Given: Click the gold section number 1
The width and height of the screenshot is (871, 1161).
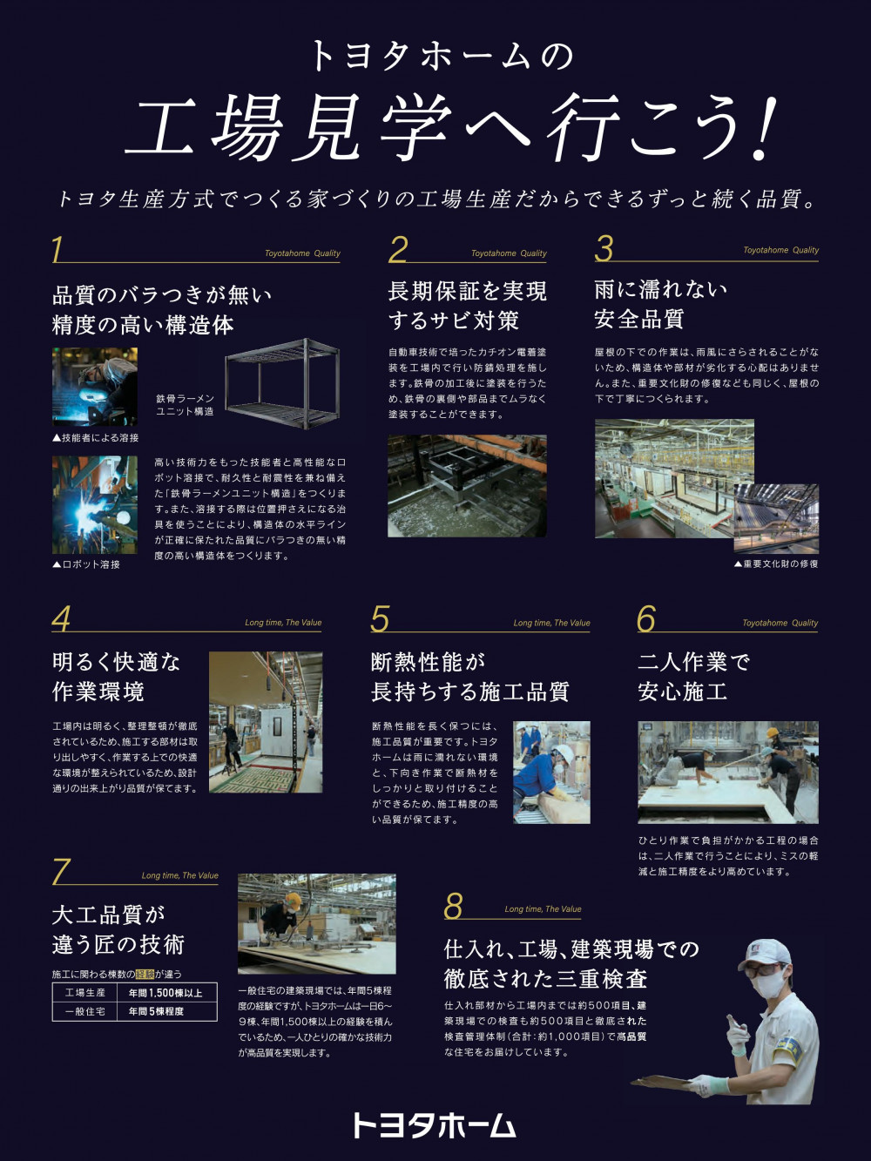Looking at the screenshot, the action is pyautogui.click(x=57, y=249).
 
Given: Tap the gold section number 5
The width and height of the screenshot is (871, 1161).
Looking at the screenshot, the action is pyautogui.click(x=380, y=618).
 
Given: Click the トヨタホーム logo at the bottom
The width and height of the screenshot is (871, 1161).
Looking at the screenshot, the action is pyautogui.click(x=434, y=1125).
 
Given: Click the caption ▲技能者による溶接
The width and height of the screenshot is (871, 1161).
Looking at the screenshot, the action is pyautogui.click(x=95, y=438).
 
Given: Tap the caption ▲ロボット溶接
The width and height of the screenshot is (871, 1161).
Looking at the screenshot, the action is pyautogui.click(x=86, y=564).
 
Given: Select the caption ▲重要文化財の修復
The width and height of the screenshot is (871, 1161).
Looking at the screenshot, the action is pyautogui.click(x=776, y=564).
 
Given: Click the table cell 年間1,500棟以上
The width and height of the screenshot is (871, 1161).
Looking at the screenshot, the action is pyautogui.click(x=165, y=993).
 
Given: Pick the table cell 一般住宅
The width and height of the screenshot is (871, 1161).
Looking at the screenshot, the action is pyautogui.click(x=84, y=1011).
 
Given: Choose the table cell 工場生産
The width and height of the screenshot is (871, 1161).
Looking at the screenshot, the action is pyautogui.click(x=84, y=993).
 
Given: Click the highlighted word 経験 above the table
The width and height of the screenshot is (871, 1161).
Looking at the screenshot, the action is pyautogui.click(x=145, y=974).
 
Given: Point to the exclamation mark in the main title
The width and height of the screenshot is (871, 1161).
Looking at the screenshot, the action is pyautogui.click(x=766, y=129).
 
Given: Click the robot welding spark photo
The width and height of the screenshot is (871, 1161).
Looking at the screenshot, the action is pyautogui.click(x=95, y=504).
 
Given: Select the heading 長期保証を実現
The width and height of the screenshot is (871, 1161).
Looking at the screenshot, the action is pyautogui.click(x=468, y=292).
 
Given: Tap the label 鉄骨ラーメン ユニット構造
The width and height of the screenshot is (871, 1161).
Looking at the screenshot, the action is pyautogui.click(x=186, y=405).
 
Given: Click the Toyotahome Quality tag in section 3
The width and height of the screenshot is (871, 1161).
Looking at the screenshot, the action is pyautogui.click(x=780, y=250).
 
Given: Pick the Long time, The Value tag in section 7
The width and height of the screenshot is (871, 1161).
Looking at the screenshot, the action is pyautogui.click(x=179, y=875).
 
